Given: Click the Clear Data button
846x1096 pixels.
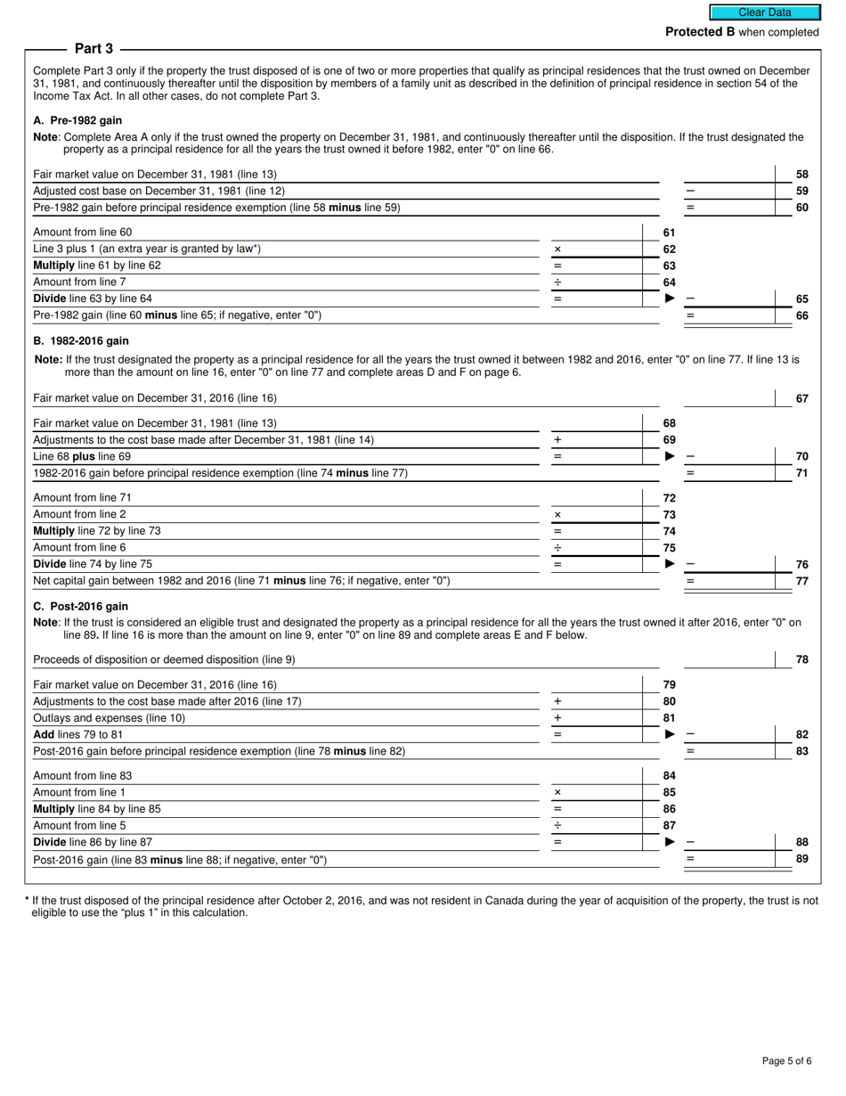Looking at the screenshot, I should tap(764, 12).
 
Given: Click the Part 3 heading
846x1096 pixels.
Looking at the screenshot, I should tap(94, 49).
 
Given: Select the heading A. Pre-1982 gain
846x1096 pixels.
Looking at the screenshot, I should tap(77, 120).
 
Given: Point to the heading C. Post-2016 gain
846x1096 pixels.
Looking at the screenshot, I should tap(80, 606).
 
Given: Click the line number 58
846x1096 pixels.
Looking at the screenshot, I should tap(801, 175).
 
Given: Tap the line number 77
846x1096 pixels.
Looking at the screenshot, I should tap(801, 581).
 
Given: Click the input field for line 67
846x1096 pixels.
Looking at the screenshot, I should tap(729, 398).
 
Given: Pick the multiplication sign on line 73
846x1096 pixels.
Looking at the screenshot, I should tap(557, 515).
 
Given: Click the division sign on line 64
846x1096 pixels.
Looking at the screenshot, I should tap(557, 282).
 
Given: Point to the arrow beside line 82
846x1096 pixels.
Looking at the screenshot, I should tap(671, 734).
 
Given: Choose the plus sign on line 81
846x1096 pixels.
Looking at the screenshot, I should tap(557, 718).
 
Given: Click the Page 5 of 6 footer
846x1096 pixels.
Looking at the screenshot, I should tap(786, 1060).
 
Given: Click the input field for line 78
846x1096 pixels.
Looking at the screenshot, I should tap(729, 659).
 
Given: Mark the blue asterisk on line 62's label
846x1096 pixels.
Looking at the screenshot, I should tap(256, 248).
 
